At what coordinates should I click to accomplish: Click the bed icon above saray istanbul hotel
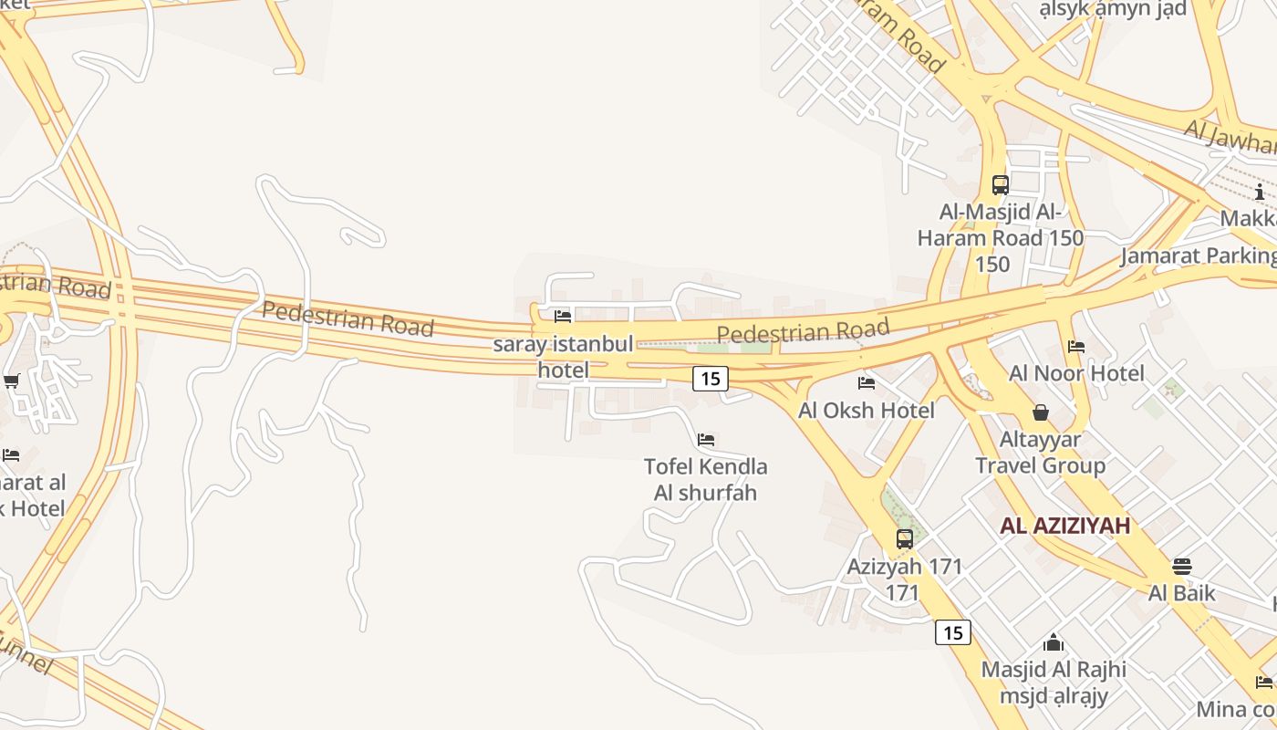(563, 317)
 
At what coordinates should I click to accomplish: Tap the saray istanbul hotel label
(563, 357)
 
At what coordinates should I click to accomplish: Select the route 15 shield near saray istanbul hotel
(710, 378)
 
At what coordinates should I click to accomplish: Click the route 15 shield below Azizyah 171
(952, 632)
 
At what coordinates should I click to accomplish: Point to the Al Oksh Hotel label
(867, 411)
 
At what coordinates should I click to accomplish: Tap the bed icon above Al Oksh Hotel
(867, 382)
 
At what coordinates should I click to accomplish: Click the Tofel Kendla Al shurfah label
(706, 480)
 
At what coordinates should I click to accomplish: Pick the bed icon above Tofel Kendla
(706, 440)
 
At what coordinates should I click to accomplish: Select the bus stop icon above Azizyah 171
(905, 538)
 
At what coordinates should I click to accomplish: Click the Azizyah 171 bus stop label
(904, 579)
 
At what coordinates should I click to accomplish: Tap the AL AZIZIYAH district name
(1064, 526)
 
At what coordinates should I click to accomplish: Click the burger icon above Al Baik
(1182, 567)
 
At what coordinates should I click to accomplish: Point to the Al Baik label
(1182, 593)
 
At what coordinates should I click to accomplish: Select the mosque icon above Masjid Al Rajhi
(1054, 642)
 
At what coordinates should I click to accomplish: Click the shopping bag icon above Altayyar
(1041, 412)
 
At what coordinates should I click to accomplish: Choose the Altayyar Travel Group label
(1041, 453)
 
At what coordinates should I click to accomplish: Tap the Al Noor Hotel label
(1076, 373)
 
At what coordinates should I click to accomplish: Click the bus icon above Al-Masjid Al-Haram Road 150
(1001, 185)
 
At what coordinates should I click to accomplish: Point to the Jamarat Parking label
(1198, 255)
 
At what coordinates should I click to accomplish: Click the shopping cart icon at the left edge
(11, 381)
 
